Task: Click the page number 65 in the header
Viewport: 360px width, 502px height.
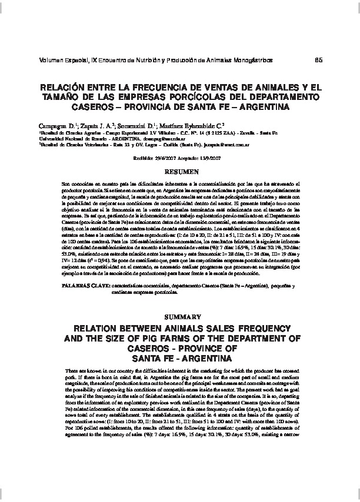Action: pos(319,61)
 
